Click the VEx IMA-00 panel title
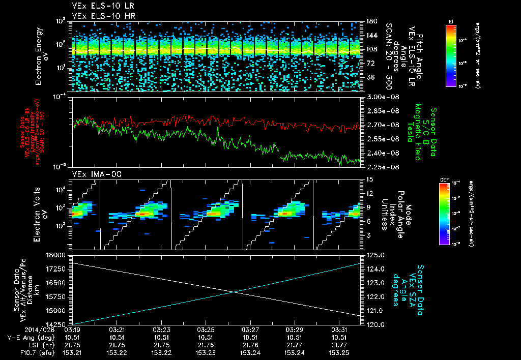92,174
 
